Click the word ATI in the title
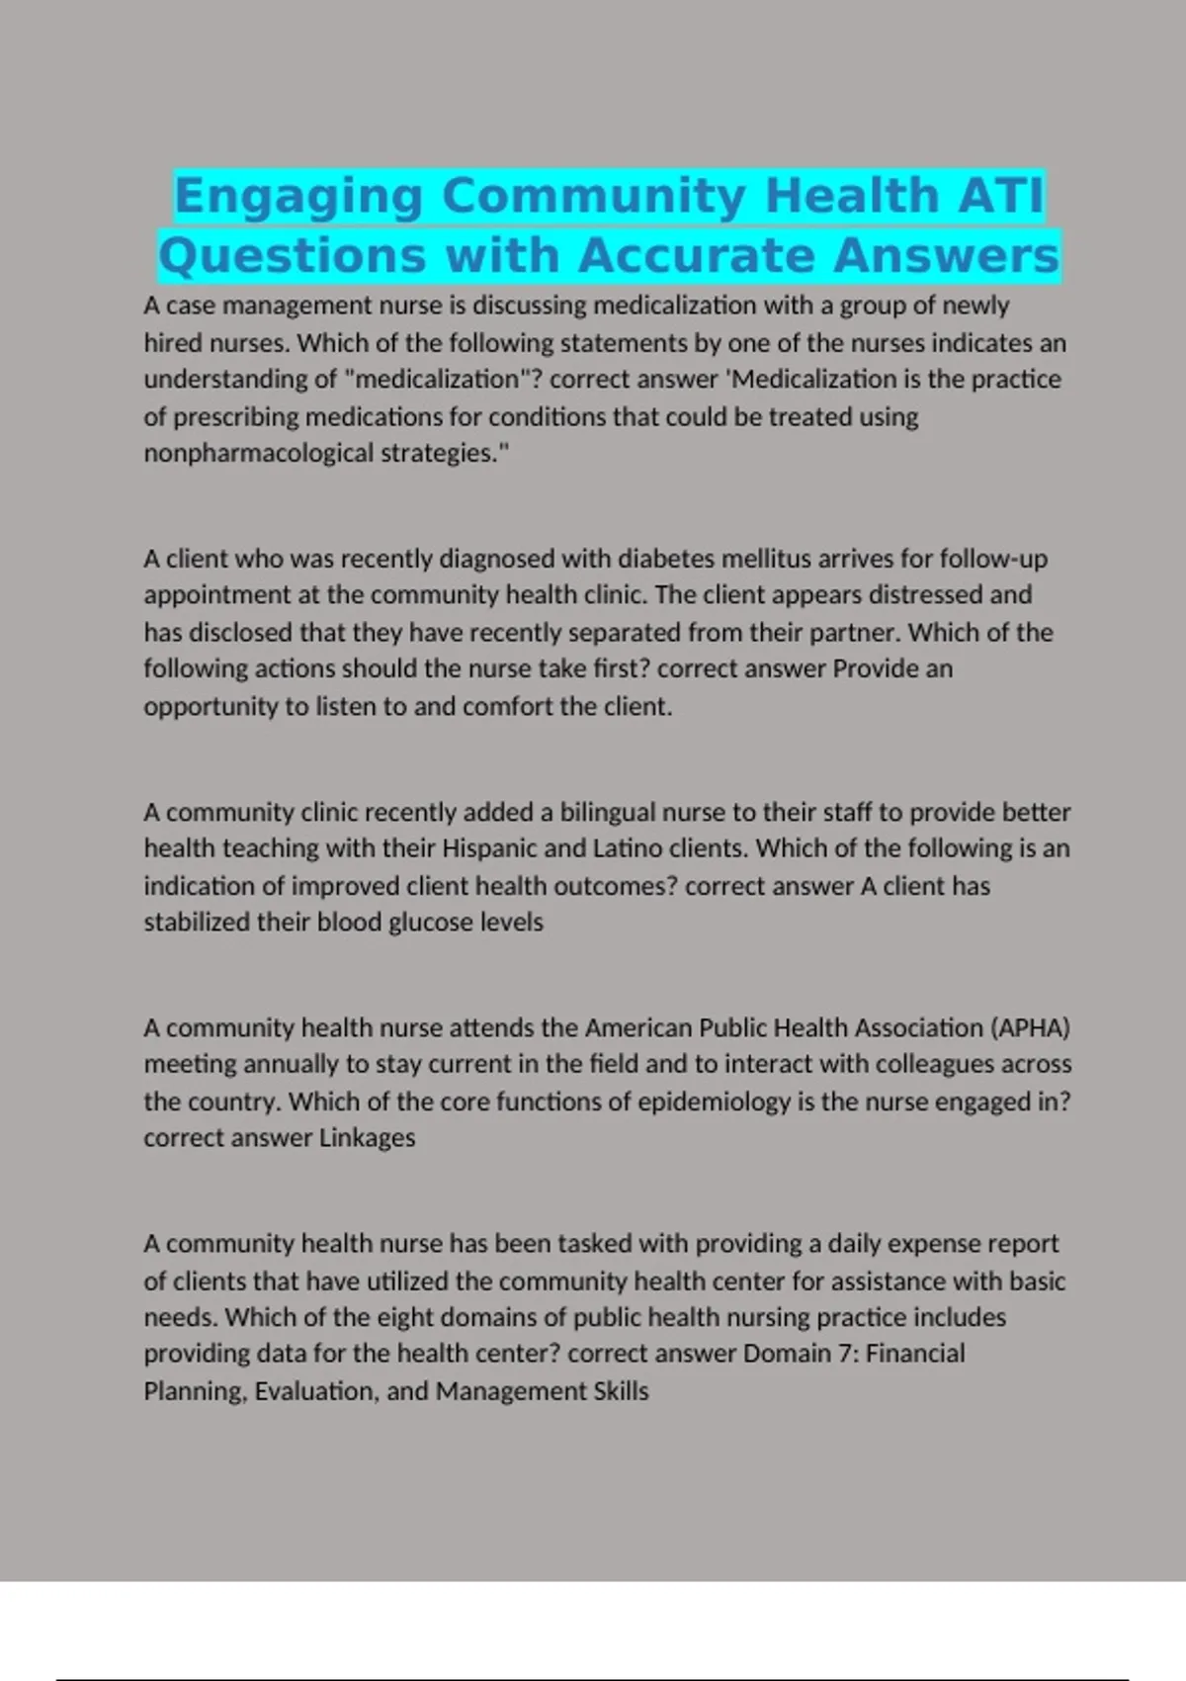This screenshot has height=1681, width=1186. pos(1000,195)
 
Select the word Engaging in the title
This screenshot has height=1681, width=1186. pos(299,195)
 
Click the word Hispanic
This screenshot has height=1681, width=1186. pos(489,848)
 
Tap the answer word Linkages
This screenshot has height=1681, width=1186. pos(367,1138)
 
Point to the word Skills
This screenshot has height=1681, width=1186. pos(621,1391)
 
